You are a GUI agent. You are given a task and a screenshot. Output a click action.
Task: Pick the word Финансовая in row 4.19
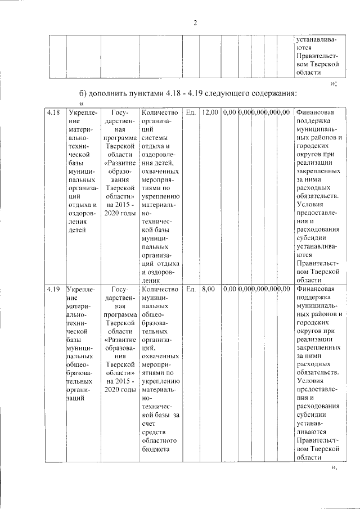[x=316, y=289]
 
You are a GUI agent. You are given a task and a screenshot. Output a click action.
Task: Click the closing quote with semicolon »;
[x=334, y=83]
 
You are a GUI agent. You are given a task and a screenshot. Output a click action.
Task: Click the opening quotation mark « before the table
[x=82, y=103]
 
